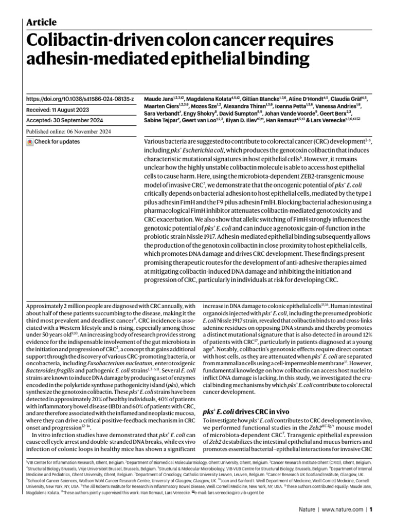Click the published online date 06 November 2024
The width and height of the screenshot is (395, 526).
93,131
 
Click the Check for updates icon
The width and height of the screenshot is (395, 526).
29,141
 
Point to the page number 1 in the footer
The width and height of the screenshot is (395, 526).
370,510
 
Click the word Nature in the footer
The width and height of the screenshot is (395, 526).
308,510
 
